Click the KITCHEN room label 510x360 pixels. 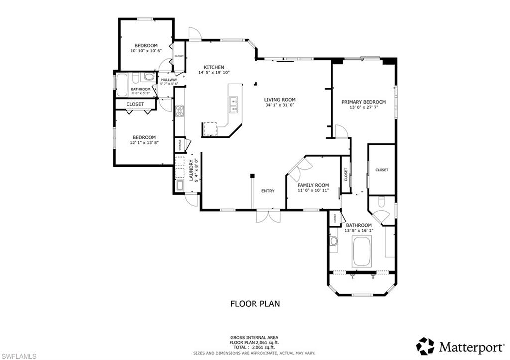(214, 67)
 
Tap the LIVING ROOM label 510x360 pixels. (279, 99)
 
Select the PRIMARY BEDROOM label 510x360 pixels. (364, 102)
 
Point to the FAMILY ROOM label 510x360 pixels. (314, 185)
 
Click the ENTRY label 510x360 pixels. (268, 191)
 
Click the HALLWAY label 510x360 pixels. (169, 80)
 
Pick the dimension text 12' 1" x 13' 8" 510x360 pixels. (144, 143)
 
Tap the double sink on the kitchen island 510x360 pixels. (233, 105)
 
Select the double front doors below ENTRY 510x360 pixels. (268, 216)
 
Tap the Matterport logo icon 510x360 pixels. (425, 346)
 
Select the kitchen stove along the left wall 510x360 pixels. (180, 111)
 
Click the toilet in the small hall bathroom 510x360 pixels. (148, 77)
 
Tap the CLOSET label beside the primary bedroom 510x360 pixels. (382, 170)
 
